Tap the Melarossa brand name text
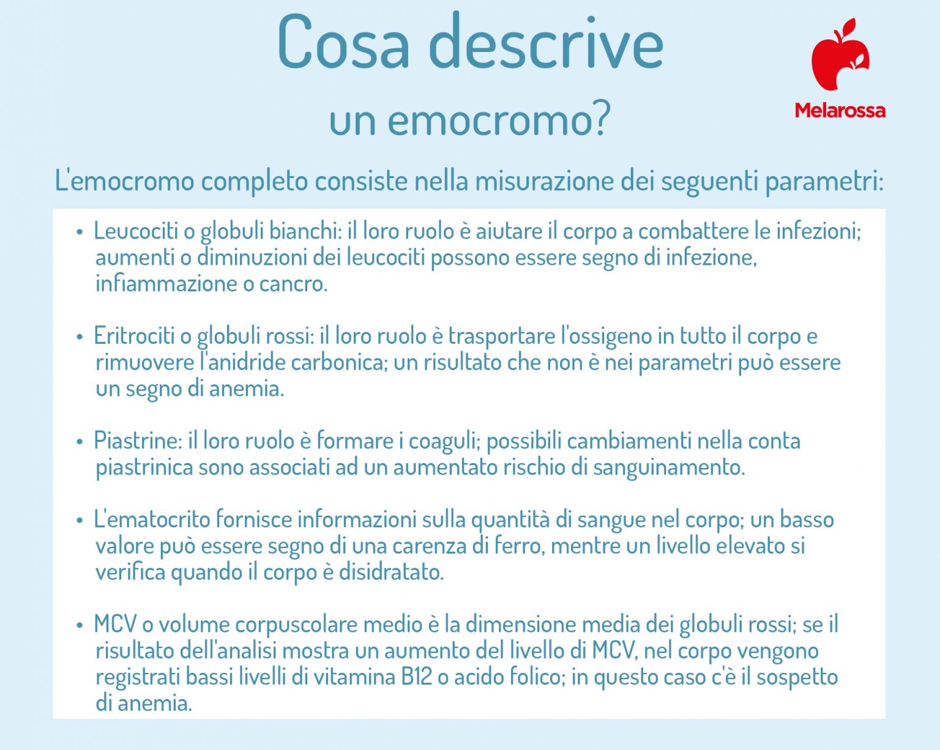tap(840, 111)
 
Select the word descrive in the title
tap(546, 43)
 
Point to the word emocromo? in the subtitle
tap(499, 121)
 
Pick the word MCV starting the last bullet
tap(115, 625)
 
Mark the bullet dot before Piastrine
tap(80, 442)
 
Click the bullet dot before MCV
tap(80, 625)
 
